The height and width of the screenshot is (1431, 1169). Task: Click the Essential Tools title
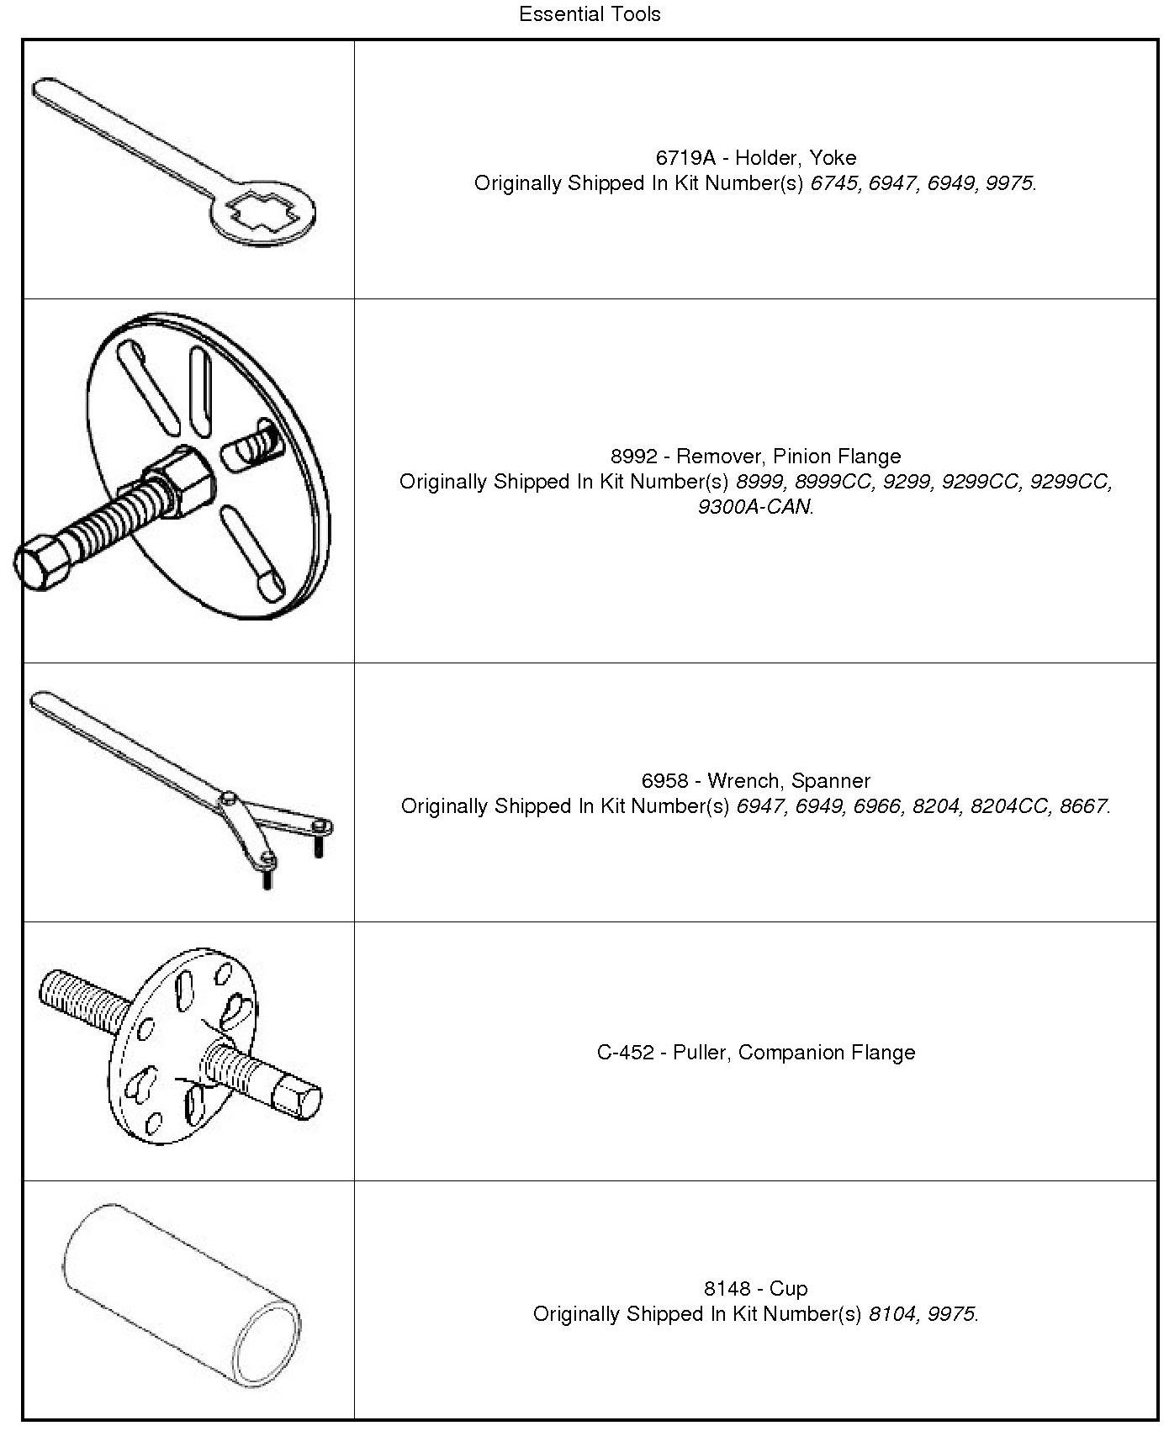(590, 14)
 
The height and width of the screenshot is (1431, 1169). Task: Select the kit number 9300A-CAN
(755, 507)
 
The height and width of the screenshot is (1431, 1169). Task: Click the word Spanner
(831, 781)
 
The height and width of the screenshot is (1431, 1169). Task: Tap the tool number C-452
(626, 1053)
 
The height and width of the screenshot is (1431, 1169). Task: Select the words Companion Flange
(827, 1053)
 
